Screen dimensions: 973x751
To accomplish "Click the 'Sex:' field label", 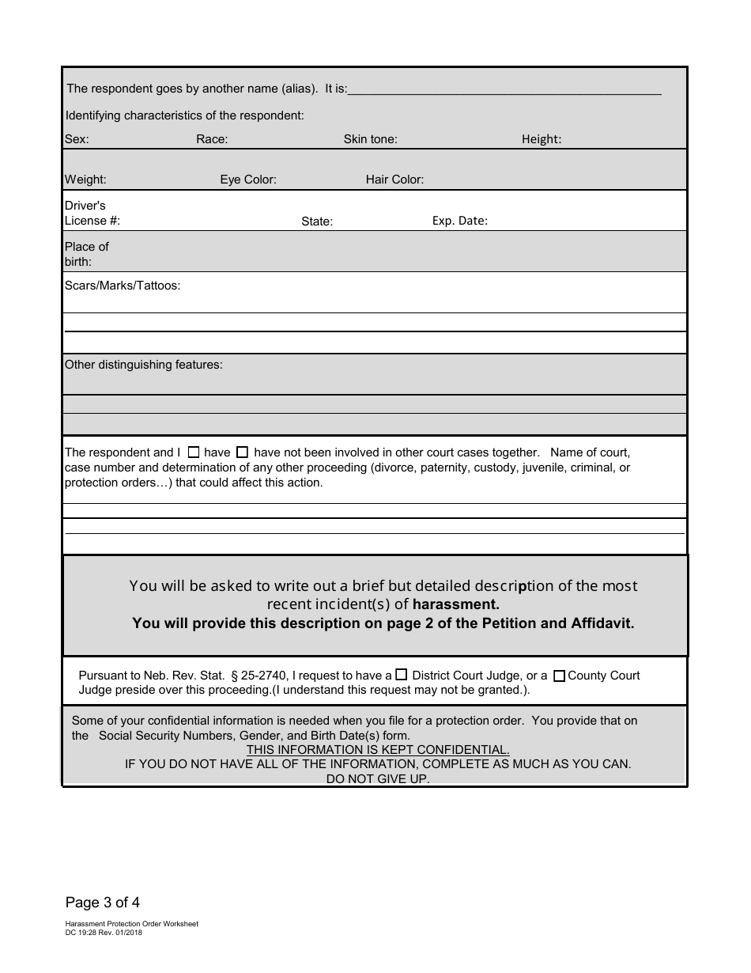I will (x=77, y=139).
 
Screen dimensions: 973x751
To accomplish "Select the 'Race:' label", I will (x=212, y=139).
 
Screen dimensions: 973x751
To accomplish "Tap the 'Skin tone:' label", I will (x=370, y=139).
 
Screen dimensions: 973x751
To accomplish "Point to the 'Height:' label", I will (x=542, y=139).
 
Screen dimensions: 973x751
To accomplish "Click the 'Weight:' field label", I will (x=85, y=180).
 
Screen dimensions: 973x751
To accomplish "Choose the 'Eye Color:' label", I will (x=248, y=180).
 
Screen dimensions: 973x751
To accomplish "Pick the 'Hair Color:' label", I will (x=394, y=180).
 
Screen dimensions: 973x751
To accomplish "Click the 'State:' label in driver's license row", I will (x=317, y=221).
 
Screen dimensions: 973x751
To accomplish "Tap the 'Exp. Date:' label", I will (x=460, y=221).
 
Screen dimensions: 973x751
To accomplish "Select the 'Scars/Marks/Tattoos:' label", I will (x=123, y=286).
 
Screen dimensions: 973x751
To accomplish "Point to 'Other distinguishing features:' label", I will (x=144, y=365).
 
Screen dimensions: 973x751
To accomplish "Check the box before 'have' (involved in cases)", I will (x=194, y=452).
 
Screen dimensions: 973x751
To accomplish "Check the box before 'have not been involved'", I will (x=243, y=452).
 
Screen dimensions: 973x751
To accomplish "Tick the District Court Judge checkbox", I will (x=402, y=675).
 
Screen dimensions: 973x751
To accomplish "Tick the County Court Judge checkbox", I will (x=559, y=676).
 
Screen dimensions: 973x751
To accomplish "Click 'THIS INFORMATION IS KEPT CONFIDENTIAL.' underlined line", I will (x=378, y=749).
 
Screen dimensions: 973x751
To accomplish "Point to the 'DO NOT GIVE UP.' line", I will (x=378, y=779).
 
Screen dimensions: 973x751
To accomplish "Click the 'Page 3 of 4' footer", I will (x=103, y=902).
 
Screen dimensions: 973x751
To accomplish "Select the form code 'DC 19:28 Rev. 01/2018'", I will (x=104, y=932).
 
